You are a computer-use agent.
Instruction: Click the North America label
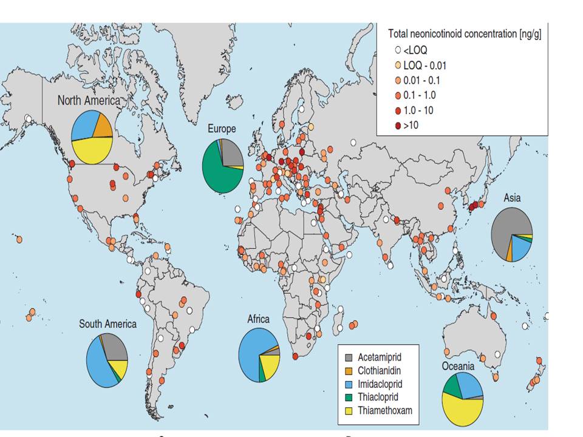pyautogui.click(x=89, y=100)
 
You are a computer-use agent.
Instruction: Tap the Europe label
pyautogui.click(x=222, y=129)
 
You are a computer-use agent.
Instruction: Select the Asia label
pyautogui.click(x=512, y=198)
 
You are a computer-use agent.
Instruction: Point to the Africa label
pyautogui.click(x=259, y=319)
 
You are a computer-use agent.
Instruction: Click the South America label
pyautogui.click(x=107, y=324)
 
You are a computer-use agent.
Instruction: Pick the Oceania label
pyautogui.click(x=458, y=366)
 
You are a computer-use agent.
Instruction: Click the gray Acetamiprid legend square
pyautogui.click(x=349, y=357)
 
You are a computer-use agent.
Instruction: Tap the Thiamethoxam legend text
pyautogui.click(x=385, y=411)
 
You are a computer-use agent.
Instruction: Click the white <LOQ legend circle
pyautogui.click(x=398, y=50)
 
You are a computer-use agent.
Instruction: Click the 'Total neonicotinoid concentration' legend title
pyautogui.click(x=465, y=34)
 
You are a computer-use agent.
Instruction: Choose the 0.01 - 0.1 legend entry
pyautogui.click(x=417, y=80)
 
